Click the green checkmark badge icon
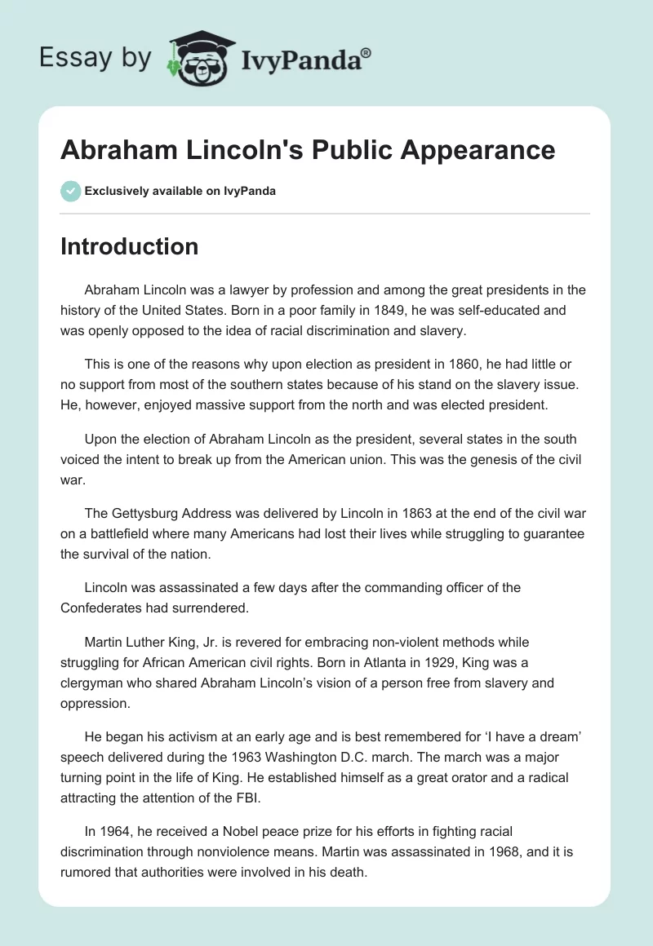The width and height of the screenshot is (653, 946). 70,191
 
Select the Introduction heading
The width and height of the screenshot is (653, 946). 129,246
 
